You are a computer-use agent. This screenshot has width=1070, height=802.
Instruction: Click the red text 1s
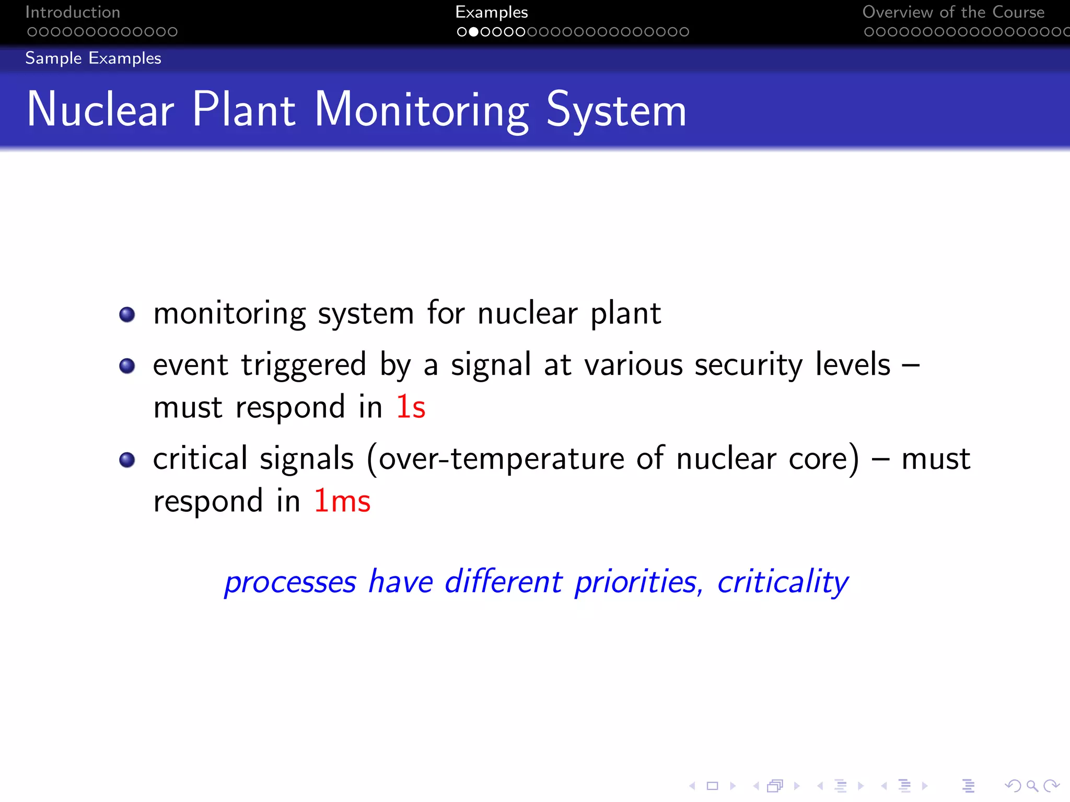click(411, 407)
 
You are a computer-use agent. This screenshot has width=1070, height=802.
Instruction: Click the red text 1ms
click(342, 501)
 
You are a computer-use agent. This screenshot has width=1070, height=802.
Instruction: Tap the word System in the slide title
click(616, 111)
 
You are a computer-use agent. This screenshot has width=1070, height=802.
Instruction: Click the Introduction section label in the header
click(73, 12)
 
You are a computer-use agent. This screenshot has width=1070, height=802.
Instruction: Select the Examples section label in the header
click(491, 12)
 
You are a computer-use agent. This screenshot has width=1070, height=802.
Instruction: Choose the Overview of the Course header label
click(953, 12)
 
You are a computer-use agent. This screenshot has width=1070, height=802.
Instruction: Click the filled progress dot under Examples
click(473, 32)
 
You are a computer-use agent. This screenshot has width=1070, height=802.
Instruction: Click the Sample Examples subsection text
click(93, 58)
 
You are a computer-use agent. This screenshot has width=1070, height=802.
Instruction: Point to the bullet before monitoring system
click(127, 314)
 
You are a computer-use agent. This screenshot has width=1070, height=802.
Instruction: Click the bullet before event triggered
click(127, 365)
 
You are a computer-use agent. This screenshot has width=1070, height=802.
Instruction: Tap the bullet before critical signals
click(127, 459)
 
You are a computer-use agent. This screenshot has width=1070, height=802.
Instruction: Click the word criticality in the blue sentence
click(783, 582)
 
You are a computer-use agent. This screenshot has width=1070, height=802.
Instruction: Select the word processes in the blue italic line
click(290, 583)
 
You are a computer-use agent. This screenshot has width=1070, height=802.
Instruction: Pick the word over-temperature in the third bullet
click(501, 459)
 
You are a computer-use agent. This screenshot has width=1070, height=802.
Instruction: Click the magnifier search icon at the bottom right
click(1032, 785)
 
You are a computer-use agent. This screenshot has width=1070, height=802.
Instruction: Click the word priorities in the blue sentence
click(636, 582)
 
